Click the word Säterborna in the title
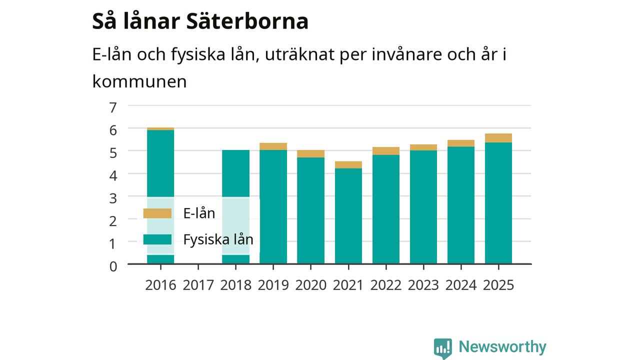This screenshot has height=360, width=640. click(x=247, y=21)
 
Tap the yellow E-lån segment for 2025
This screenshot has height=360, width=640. click(x=498, y=138)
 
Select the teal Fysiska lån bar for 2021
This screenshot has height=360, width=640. click(x=348, y=216)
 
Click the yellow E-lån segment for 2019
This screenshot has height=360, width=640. click(x=273, y=146)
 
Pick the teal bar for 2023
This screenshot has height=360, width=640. click(x=423, y=207)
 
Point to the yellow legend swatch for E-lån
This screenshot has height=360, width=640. click(x=157, y=213)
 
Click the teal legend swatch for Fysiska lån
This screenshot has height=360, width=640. click(x=157, y=239)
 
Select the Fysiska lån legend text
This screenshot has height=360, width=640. click(x=218, y=239)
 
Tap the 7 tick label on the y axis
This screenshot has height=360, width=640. click(x=113, y=107)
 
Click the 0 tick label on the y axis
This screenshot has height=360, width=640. click(x=113, y=266)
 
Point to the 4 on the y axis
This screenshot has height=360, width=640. click(x=113, y=175)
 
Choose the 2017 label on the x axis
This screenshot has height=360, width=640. click(x=198, y=285)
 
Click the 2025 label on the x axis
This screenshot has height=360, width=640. click(x=498, y=285)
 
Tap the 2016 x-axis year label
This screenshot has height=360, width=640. click(x=160, y=285)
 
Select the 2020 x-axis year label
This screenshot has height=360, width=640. click(x=310, y=285)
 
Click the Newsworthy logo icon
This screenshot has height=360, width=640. click(x=443, y=348)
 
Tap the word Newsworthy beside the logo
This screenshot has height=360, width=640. click(x=502, y=346)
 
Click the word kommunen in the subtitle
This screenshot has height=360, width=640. click(x=139, y=81)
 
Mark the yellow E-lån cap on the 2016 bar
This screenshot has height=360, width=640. click(x=160, y=129)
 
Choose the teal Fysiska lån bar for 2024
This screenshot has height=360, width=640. click(x=461, y=205)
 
